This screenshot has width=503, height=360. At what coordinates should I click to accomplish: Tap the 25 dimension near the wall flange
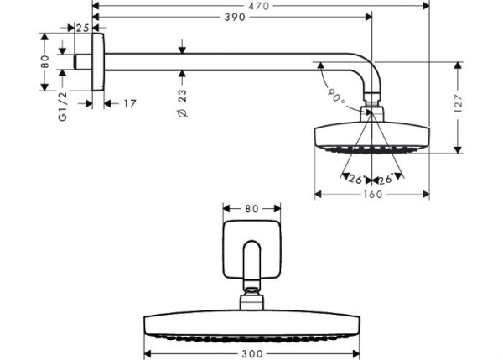(x=82, y=28)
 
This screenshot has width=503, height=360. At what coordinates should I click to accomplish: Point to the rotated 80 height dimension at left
(x=45, y=63)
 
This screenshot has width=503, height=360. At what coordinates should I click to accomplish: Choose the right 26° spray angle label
(x=386, y=179)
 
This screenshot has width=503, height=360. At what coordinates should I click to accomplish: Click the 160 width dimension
(x=372, y=196)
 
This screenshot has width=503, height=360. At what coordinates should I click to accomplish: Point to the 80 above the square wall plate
(x=252, y=208)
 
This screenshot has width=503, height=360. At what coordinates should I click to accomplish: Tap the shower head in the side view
(x=371, y=136)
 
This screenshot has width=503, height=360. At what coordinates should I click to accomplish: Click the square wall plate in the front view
(x=252, y=249)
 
